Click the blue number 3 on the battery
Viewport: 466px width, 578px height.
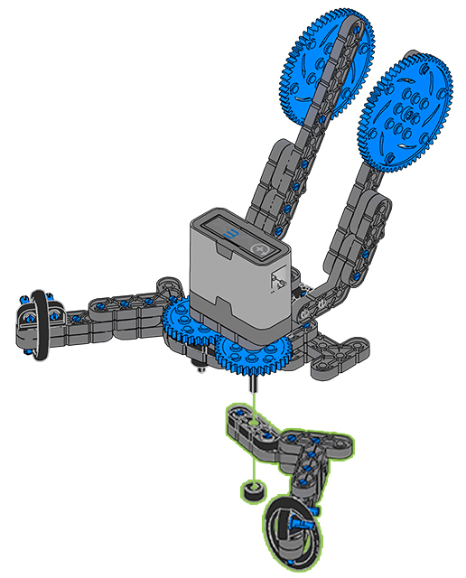[233, 237]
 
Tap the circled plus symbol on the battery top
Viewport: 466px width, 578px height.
[262, 247]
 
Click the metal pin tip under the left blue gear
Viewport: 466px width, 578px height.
[198, 367]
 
